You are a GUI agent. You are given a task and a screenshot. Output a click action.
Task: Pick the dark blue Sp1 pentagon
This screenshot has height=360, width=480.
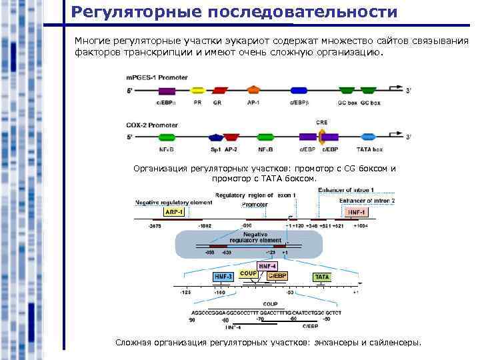pyautogui.click(x=216, y=137)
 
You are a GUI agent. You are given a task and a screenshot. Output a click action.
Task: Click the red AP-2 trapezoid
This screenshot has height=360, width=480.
pyautogui.click(x=231, y=137)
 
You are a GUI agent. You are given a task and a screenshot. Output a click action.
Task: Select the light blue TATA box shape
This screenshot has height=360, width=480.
pyautogui.click(x=367, y=137)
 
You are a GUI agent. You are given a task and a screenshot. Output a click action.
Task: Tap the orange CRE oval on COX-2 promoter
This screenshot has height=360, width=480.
pyautogui.click(x=321, y=137)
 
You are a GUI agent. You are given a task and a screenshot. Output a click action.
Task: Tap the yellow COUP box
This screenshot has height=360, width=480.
pyautogui.click(x=248, y=273)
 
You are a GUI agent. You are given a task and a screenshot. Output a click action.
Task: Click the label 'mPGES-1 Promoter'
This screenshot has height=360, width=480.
pyautogui.click(x=153, y=77)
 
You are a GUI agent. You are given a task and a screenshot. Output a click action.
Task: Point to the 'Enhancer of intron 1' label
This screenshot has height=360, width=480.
pyautogui.click(x=346, y=190)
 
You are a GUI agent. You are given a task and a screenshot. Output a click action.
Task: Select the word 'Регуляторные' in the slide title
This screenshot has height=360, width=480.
pyautogui.click(x=129, y=12)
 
